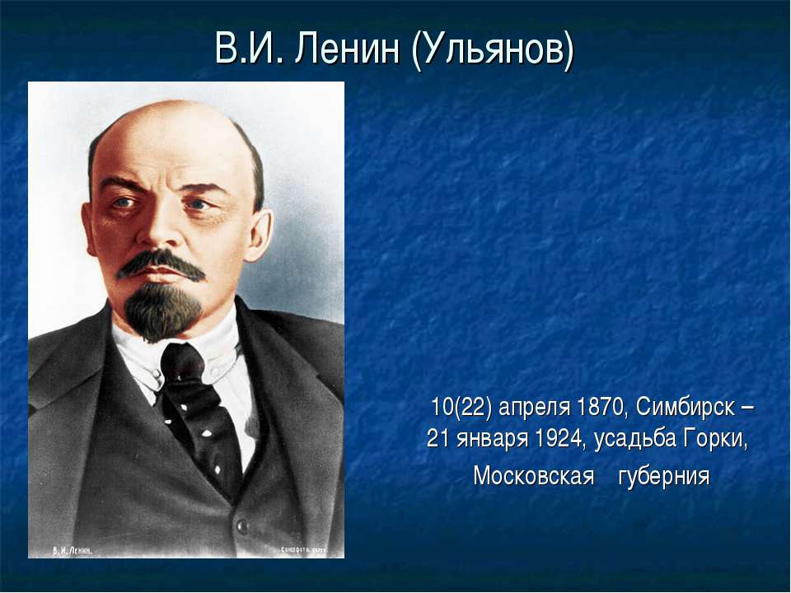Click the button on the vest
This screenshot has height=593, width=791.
241,525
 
